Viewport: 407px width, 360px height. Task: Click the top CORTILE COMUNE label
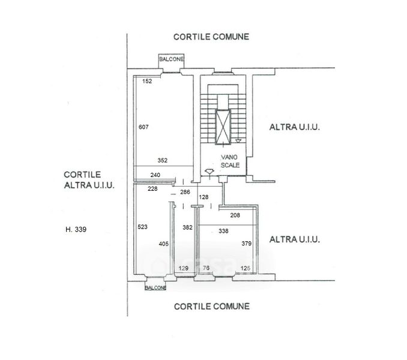pos(211,37)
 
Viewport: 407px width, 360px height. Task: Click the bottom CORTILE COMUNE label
pos(211,306)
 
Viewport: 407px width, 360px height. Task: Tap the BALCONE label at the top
pos(171,59)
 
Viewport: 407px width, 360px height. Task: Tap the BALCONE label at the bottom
pos(155,288)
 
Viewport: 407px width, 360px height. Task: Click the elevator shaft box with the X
pos(222,128)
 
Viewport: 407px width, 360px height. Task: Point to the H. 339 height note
pos(77,229)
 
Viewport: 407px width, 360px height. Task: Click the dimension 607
pos(143,127)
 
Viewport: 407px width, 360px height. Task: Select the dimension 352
pos(163,160)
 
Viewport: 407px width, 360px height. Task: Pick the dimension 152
pos(147,82)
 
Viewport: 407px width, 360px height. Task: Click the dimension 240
pos(155,175)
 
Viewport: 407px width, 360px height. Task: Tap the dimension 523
pos(142,227)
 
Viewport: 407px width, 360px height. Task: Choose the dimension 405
pos(164,244)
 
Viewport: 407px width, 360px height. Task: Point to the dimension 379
pos(246,244)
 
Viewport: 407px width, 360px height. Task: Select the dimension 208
pos(235,215)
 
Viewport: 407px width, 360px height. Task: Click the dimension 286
pos(185,193)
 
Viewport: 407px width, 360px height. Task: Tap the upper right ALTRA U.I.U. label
pos(294,127)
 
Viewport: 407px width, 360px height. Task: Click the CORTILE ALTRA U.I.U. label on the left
pos(89,179)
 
